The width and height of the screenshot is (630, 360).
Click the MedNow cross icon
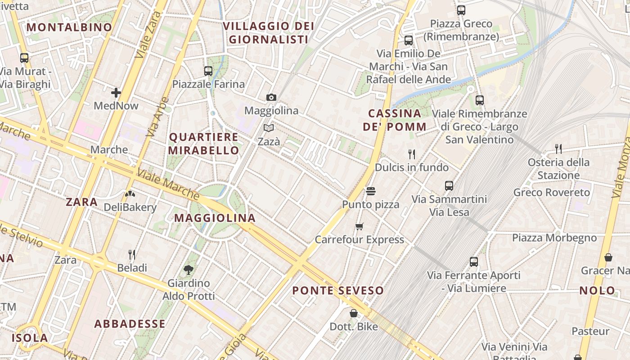pos(116,93)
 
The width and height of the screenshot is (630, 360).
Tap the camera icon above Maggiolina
pos(271,97)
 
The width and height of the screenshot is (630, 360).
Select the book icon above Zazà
pos(269,128)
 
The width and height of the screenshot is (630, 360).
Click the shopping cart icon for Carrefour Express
pos(359,226)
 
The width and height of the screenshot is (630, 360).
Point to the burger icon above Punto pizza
pos(370,191)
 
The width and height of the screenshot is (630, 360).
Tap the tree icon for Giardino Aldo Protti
pos(189,270)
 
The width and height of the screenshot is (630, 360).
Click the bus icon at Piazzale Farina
pos(208,71)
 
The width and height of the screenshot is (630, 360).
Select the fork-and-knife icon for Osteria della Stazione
pos(558,148)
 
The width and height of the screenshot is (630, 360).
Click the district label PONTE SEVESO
pos(338,291)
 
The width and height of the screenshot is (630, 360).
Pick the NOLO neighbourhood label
pos(597,291)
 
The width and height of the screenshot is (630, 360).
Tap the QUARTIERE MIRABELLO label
pos(203,144)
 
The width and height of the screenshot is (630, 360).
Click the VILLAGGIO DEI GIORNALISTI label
pos(269,33)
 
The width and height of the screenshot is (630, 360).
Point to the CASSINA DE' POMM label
pos(395,120)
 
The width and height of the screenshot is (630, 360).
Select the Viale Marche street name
pos(168,184)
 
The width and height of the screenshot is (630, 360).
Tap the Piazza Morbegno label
pos(554,238)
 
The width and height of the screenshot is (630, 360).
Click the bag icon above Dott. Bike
pos(354,313)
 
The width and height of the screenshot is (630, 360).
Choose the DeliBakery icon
pos(130,194)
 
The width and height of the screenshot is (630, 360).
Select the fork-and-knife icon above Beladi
pos(132,255)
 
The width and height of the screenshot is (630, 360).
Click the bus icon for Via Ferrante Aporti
pos(473,261)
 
